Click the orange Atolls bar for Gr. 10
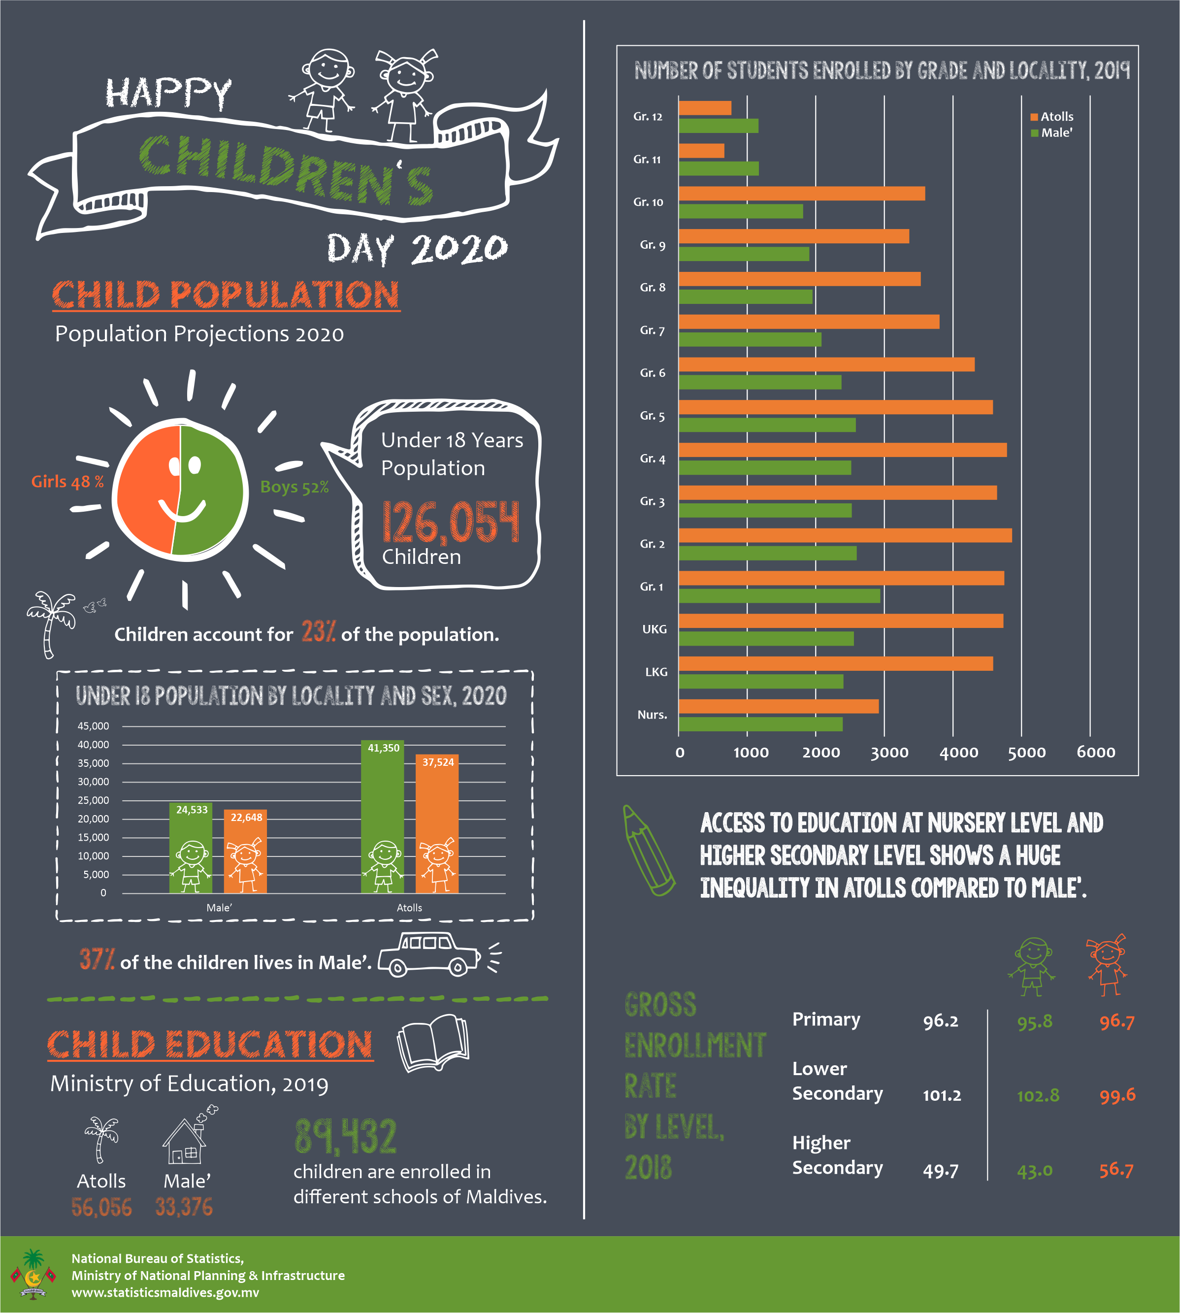pyautogui.click(x=801, y=193)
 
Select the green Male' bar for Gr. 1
pyautogui.click(x=779, y=595)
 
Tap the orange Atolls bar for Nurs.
pyautogui.click(x=779, y=706)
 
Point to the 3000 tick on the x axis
pyautogui.click(x=889, y=752)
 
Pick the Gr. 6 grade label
pyautogui.click(x=652, y=373)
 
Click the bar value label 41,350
pyautogui.click(x=383, y=748)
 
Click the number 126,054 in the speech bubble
pyautogui.click(x=451, y=522)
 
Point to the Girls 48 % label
pyautogui.click(x=67, y=481)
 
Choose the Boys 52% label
pyautogui.click(x=295, y=487)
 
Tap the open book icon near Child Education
pyautogui.click(x=433, y=1043)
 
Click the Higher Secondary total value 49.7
pyautogui.click(x=941, y=1170)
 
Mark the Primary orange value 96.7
pyautogui.click(x=1116, y=1022)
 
